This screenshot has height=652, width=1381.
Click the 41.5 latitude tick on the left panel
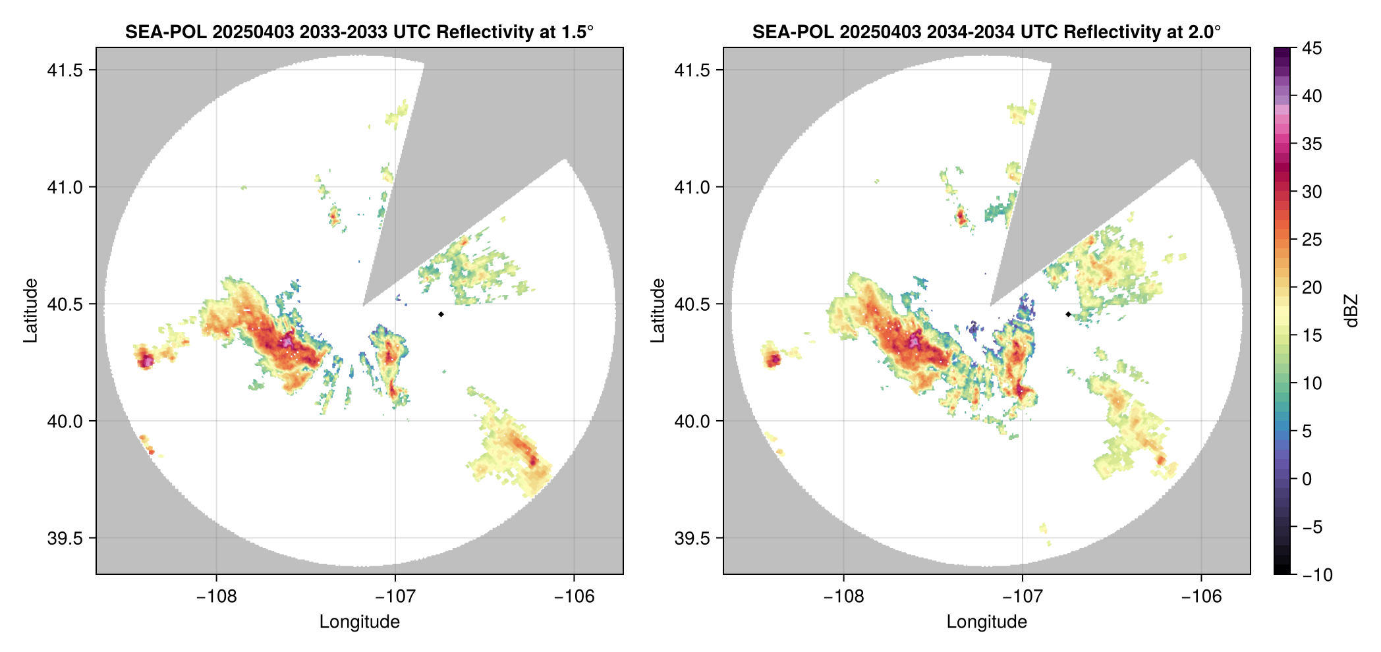(x=65, y=70)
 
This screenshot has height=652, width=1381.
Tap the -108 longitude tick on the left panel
(x=216, y=596)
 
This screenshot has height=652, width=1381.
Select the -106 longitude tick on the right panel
(x=1201, y=596)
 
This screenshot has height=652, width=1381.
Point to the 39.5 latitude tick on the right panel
(x=692, y=538)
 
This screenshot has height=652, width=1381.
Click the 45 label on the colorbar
(x=1311, y=48)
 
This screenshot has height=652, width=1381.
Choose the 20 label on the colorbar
(x=1311, y=288)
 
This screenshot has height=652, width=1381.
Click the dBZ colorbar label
(x=1351, y=311)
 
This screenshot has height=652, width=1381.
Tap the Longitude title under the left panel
(x=359, y=622)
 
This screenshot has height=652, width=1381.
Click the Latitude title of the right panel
(x=658, y=311)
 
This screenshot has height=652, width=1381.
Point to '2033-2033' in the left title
(x=343, y=32)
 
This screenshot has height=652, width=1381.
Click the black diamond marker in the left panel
(x=441, y=314)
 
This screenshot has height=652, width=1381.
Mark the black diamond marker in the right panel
(x=1068, y=314)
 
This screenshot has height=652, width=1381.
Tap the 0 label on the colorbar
(x=1307, y=479)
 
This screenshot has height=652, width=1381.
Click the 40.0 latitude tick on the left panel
(x=65, y=421)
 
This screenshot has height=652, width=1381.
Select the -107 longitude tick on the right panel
(x=1022, y=596)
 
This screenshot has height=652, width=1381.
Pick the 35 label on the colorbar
(x=1311, y=144)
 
